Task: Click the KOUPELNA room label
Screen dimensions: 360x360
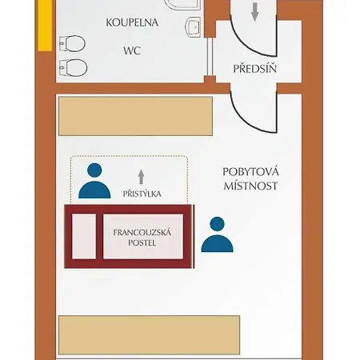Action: [x=132, y=22]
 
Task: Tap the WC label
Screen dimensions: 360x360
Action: [x=132, y=50]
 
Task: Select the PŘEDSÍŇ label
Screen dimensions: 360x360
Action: [x=254, y=69]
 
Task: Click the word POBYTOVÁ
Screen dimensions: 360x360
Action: [x=250, y=172]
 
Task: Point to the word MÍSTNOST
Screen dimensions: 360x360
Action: [x=250, y=186]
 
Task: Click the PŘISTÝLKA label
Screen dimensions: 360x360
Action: [x=142, y=194]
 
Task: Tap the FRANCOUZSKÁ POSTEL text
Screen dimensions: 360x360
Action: [x=142, y=238]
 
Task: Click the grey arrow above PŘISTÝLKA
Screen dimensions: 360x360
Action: [x=142, y=177]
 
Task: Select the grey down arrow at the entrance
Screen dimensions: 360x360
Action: [x=255, y=12]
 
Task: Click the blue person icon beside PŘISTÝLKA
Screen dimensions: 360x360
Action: [x=94, y=181]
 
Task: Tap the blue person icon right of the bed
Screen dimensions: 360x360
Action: [x=217, y=234]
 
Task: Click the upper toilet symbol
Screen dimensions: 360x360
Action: [x=72, y=43]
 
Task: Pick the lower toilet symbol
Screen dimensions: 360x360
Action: [x=73, y=68]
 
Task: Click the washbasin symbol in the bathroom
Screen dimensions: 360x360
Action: [x=193, y=27]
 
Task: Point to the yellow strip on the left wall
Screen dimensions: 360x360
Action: [x=45, y=26]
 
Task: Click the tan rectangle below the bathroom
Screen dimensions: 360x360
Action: [x=135, y=116]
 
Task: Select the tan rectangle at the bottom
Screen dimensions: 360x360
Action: [x=149, y=335]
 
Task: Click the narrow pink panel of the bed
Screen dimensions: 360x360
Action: [x=84, y=236]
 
